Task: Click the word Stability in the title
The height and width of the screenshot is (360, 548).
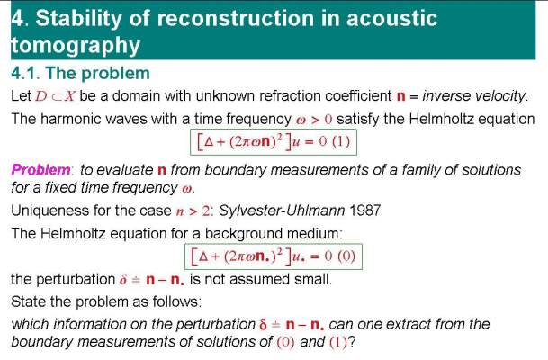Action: point(78,19)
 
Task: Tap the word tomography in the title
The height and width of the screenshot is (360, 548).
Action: point(76,46)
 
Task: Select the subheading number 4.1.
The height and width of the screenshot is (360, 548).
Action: point(25,74)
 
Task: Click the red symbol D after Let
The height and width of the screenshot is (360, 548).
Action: point(40,96)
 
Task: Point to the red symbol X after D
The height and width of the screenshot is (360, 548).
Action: point(70,96)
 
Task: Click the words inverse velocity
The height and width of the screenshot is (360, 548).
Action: point(475,96)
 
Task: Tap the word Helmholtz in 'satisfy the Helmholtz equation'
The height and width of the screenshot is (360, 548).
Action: point(441,119)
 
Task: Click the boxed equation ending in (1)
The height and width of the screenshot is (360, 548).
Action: point(274,142)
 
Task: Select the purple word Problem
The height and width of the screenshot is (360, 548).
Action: point(41,170)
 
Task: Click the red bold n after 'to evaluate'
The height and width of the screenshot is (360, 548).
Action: point(161,171)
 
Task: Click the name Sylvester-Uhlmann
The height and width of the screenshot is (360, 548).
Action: point(282,211)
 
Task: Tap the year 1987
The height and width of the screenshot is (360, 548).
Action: point(364,211)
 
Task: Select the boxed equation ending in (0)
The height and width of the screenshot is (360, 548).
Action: point(274,256)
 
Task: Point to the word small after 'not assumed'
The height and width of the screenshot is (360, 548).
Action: point(313,279)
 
